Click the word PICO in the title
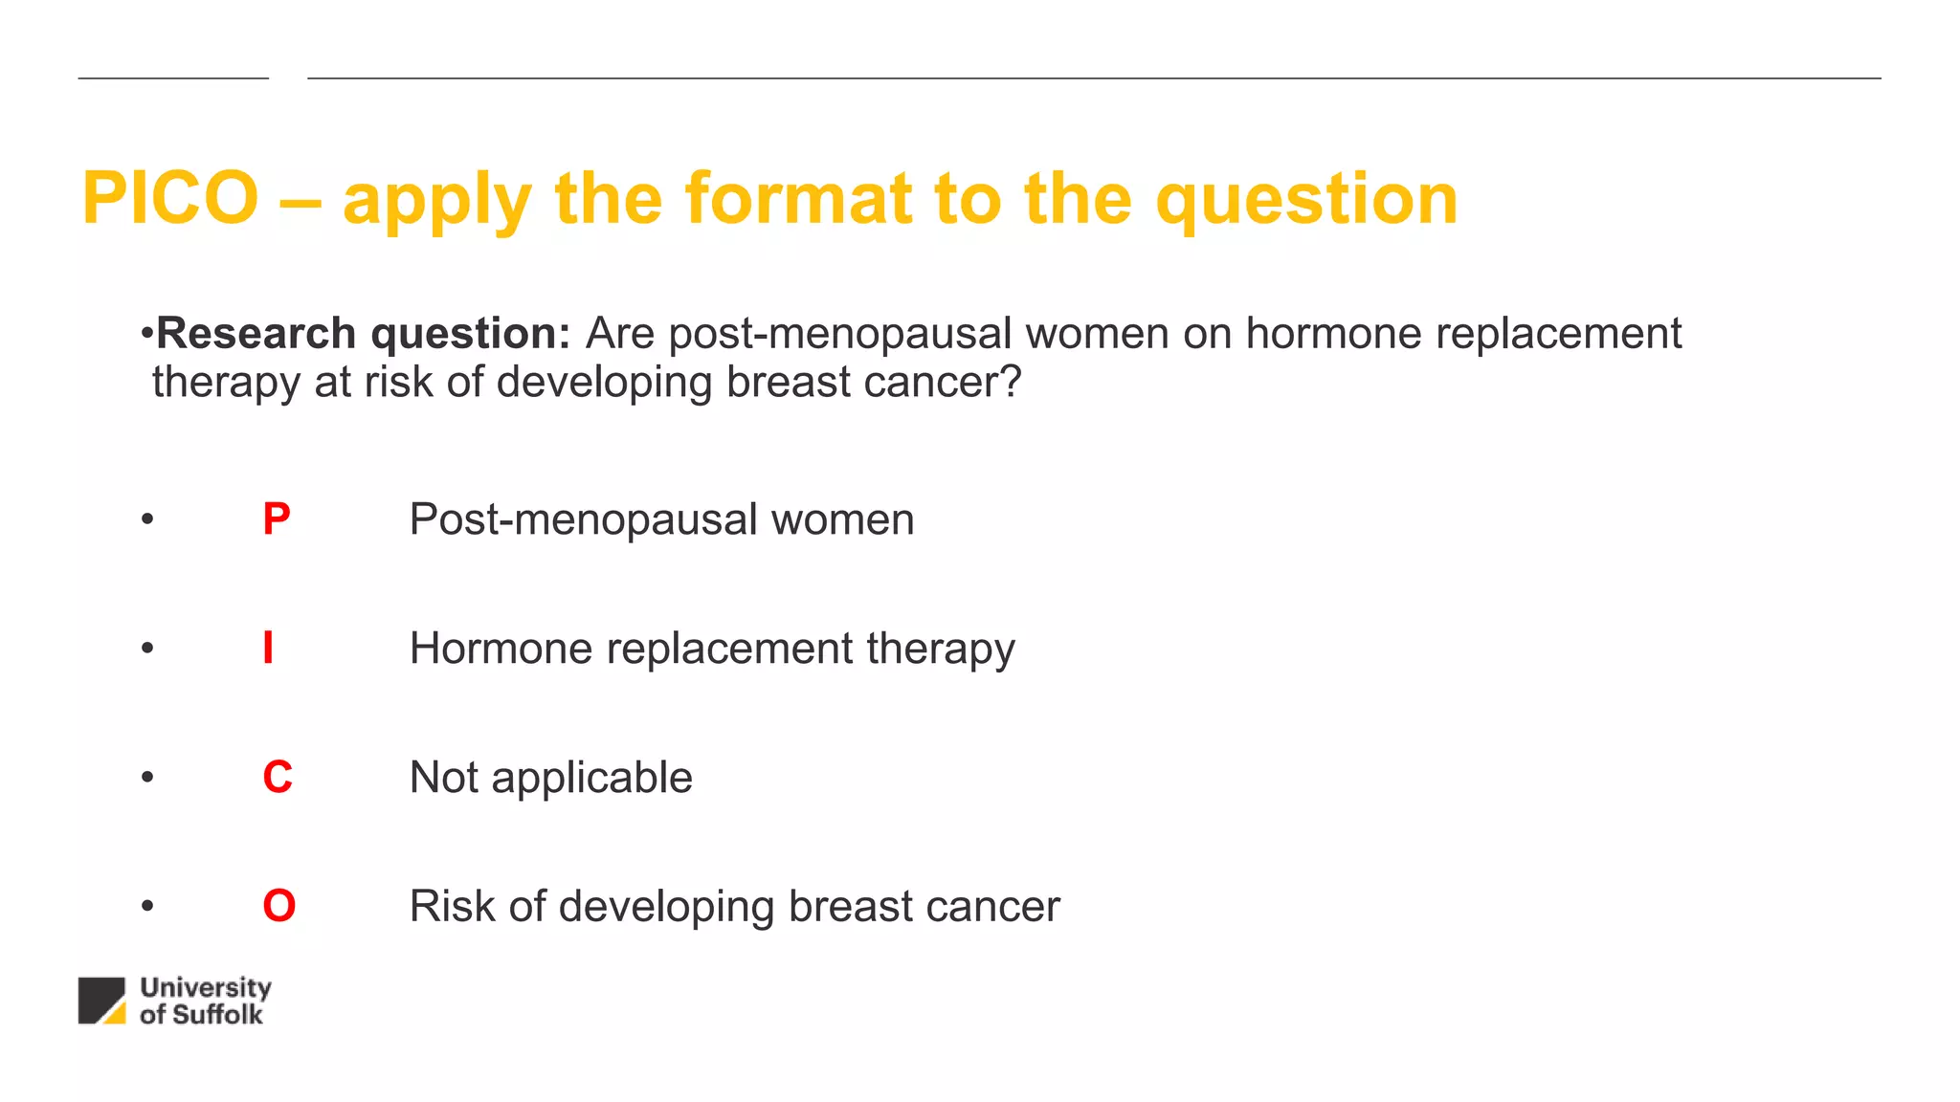pyautogui.click(x=170, y=199)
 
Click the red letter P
pyautogui.click(x=276, y=519)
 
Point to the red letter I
pyautogui.click(x=268, y=649)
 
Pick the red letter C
pyautogui.click(x=278, y=777)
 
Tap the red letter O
pyautogui.click(x=278, y=906)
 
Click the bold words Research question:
pyautogui.click(x=363, y=334)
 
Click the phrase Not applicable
pyautogui.click(x=550, y=778)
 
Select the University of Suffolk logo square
pyautogui.click(x=101, y=1001)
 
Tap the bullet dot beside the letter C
pyautogui.click(x=146, y=777)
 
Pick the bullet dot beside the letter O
pyautogui.click(x=146, y=906)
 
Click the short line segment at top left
pyautogui.click(x=173, y=77)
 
